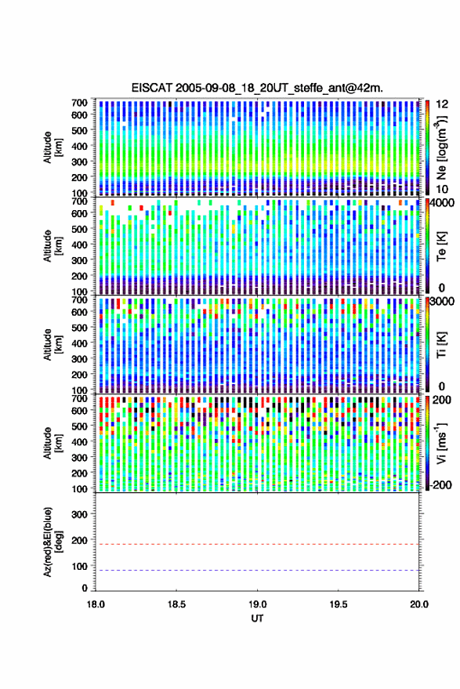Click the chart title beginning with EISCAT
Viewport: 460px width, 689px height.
click(x=257, y=88)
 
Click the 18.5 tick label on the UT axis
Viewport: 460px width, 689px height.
click(x=176, y=604)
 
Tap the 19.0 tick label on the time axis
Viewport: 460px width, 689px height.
click(x=257, y=604)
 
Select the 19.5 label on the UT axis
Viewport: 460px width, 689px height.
click(x=338, y=604)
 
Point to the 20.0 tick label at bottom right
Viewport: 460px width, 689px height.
click(x=419, y=604)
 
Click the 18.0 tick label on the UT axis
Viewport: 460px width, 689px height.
click(x=96, y=604)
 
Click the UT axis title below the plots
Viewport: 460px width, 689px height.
click(x=257, y=618)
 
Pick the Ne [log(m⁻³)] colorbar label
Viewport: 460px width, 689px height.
click(x=441, y=147)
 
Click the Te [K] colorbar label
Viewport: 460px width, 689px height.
click(x=441, y=247)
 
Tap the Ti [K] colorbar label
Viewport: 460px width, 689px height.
click(x=441, y=345)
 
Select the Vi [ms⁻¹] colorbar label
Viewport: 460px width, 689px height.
click(x=441, y=444)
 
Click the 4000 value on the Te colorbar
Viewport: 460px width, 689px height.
click(x=443, y=204)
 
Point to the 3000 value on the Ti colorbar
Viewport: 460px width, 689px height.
click(x=443, y=303)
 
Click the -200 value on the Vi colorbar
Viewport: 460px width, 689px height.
click(x=441, y=485)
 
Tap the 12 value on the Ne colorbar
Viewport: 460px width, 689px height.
click(x=443, y=104)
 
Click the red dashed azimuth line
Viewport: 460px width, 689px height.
click(x=257, y=545)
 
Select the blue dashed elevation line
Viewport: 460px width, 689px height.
click(x=257, y=571)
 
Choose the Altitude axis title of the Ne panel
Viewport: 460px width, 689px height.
click(x=52, y=147)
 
